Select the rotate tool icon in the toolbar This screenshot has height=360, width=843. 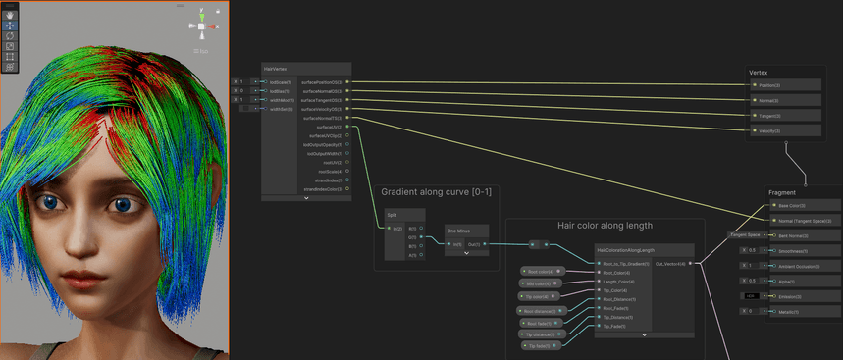9,34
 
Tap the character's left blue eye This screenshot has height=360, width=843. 50,203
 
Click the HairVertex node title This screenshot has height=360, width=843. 276,68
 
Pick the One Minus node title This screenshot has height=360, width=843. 459,231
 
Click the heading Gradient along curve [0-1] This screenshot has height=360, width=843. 435,192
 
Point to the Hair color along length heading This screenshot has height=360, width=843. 605,226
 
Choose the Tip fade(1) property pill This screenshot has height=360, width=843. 538,346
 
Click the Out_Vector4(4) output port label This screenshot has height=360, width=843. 672,263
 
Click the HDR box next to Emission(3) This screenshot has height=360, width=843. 750,295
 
